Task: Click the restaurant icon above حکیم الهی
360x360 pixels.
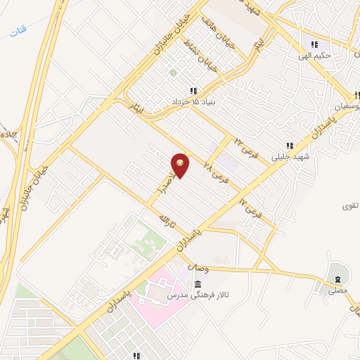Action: [x=314, y=44]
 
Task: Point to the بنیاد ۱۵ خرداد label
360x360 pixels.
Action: [x=192, y=102]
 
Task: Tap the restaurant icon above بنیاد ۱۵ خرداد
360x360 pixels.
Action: [x=192, y=91]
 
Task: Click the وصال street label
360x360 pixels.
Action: [x=200, y=268]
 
